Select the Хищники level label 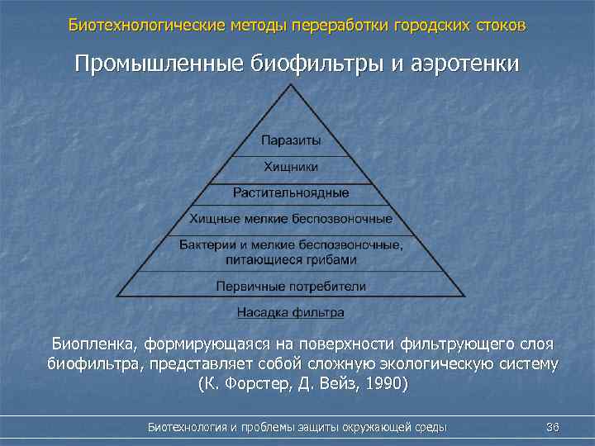click(291, 167)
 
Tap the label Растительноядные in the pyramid click(291, 192)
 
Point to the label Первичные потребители click(291, 286)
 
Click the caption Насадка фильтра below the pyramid click(291, 312)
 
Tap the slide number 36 click(553, 427)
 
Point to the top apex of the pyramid click(291, 93)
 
